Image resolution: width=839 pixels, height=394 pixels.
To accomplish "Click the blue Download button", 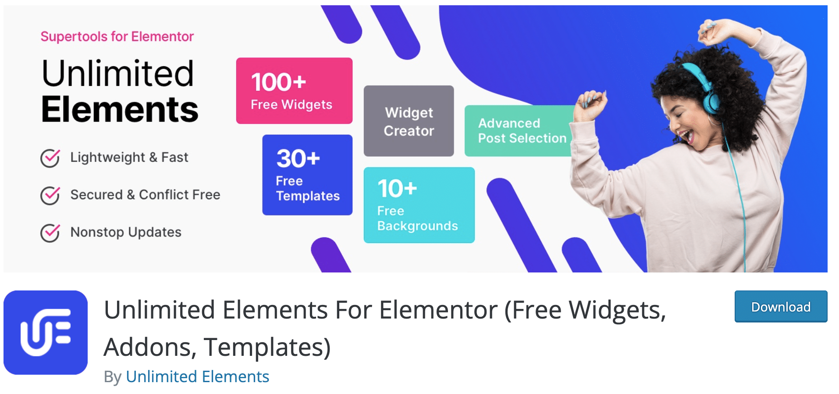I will click(x=781, y=307).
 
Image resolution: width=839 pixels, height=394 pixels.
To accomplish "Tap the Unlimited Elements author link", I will click(x=197, y=376).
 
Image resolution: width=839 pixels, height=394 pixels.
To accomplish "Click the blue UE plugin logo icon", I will click(x=46, y=332).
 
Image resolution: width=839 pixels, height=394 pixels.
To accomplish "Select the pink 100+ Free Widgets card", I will click(x=294, y=91).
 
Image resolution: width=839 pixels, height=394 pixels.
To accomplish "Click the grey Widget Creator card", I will click(x=409, y=121).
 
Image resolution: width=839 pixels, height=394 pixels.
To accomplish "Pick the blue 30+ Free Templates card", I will click(x=307, y=175).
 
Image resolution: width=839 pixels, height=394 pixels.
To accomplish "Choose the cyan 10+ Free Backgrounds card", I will click(x=419, y=205).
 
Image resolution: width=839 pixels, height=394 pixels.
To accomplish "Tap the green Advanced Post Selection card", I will click(x=519, y=131).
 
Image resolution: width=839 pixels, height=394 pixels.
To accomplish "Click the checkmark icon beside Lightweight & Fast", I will click(x=50, y=158).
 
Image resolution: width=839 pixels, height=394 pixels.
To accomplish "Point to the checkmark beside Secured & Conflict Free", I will click(x=50, y=195).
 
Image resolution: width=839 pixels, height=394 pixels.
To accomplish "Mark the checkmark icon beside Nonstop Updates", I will click(x=50, y=233).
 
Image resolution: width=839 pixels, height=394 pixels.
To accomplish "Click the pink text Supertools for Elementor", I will click(x=117, y=36).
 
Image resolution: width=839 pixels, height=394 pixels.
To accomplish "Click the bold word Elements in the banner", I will click(x=120, y=110).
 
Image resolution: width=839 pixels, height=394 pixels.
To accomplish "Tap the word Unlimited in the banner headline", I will click(x=117, y=73).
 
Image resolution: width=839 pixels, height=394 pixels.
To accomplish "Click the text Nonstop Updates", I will click(x=126, y=232).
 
